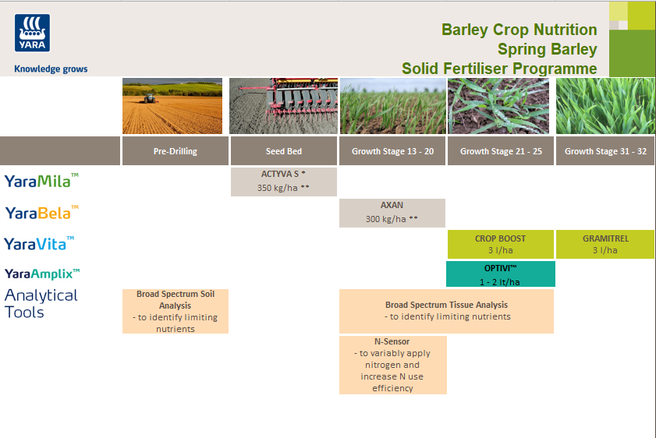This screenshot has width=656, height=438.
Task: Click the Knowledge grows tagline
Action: pyautogui.click(x=51, y=69)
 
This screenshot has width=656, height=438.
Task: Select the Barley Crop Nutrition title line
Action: pyautogui.click(x=519, y=30)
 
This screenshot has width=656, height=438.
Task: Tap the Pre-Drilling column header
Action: pyautogui.click(x=175, y=151)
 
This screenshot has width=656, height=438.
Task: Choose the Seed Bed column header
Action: pyautogui.click(x=283, y=151)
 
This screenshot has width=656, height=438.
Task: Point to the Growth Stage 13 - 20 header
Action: pyautogui.click(x=392, y=151)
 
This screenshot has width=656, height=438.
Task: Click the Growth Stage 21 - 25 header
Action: pyautogui.click(x=500, y=151)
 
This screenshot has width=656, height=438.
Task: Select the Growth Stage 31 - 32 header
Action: pyautogui.click(x=605, y=151)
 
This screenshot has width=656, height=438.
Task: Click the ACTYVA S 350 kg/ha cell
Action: pyautogui.click(x=283, y=181)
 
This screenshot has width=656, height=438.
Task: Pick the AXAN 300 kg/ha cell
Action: pyautogui.click(x=392, y=212)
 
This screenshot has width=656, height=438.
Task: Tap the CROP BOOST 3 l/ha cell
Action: pyautogui.click(x=500, y=244)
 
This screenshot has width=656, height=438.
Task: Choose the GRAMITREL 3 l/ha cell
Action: pyautogui.click(x=605, y=244)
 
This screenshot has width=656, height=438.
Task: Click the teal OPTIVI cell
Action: pyautogui.click(x=500, y=274)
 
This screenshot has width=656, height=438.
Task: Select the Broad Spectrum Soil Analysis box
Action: pyautogui.click(x=175, y=311)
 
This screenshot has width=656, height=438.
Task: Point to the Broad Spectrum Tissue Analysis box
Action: pyautogui.click(x=446, y=311)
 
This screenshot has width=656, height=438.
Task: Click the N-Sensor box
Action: pyautogui.click(x=392, y=365)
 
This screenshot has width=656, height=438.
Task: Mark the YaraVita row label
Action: pyautogui.click(x=40, y=244)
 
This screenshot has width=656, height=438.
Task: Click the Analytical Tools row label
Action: pyautogui.click(x=41, y=304)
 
